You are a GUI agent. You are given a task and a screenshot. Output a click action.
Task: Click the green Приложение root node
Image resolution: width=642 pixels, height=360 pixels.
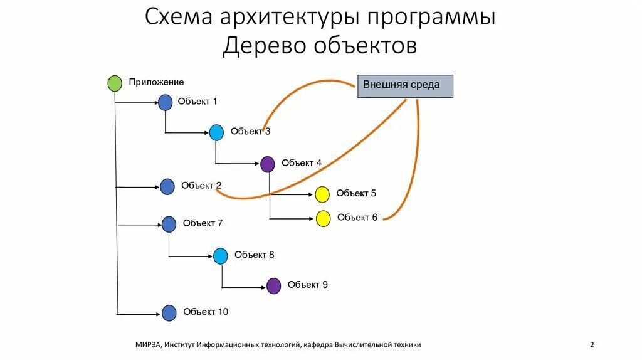pos(115,83)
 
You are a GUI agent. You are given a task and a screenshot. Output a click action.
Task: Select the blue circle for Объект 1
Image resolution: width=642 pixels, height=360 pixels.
pos(165,102)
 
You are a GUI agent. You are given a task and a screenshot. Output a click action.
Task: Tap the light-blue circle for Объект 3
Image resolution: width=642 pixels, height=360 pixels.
pos(216,132)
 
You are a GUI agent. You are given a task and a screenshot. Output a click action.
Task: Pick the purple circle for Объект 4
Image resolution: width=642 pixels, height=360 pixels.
pos(268,164)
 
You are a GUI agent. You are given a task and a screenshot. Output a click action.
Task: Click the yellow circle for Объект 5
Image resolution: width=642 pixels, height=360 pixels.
pos(322,194)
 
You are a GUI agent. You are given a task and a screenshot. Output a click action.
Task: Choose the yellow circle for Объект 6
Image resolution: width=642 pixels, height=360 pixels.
pos(323,218)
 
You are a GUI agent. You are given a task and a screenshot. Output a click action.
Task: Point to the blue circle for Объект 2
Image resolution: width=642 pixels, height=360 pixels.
pos(167,186)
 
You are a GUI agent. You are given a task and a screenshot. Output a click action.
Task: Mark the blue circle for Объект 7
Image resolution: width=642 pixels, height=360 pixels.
pos(169,224)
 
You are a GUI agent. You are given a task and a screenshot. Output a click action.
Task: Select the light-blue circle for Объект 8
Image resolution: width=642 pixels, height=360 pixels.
pos(220,256)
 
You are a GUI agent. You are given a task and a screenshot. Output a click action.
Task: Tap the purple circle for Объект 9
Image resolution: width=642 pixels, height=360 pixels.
pos(273,286)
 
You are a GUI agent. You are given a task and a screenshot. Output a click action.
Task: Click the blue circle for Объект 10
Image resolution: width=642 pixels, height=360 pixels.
pos(169,313)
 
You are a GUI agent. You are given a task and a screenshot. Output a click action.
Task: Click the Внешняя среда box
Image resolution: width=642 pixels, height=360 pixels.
pos(405,86)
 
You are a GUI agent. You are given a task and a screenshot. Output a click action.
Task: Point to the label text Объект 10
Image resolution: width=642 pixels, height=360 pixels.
pos(206,312)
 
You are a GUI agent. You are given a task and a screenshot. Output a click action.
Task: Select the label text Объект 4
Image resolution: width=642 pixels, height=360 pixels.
pos(302,163)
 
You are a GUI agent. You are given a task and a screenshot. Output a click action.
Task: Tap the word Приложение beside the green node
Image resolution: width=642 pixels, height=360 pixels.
pos(156,82)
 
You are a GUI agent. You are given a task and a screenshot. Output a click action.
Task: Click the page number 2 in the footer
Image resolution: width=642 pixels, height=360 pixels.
pos(592,344)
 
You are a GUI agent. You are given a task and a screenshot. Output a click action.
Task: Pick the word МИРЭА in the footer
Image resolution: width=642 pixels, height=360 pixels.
pos(148,344)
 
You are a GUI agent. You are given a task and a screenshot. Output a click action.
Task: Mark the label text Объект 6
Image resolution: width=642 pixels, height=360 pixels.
pos(357,217)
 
